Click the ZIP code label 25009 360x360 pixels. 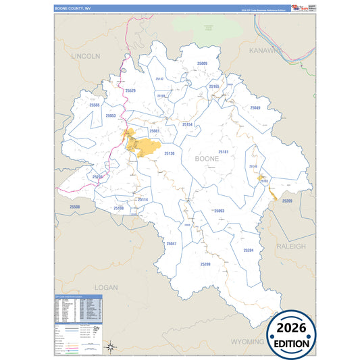pyautogui.click(x=201, y=63)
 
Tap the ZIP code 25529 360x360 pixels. pyautogui.click(x=130, y=91)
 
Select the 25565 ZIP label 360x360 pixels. pyautogui.click(x=95, y=105)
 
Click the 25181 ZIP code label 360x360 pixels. pyautogui.click(x=224, y=152)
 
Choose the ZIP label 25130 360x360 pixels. pyautogui.click(x=169, y=153)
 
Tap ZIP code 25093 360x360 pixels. pyautogui.click(x=218, y=211)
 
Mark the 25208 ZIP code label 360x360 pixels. pyautogui.click(x=205, y=264)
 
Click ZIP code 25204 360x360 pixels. pyautogui.click(x=248, y=251)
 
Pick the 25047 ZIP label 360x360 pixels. pyautogui.click(x=172, y=243)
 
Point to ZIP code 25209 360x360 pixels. pyautogui.click(x=287, y=201)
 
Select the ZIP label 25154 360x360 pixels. pyautogui.click(x=187, y=125)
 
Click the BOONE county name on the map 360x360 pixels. pyautogui.click(x=206, y=159)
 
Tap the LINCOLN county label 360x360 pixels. pyautogui.click(x=85, y=55)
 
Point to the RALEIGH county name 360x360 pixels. pyautogui.click(x=291, y=247)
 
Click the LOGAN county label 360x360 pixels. pyautogui.click(x=105, y=287)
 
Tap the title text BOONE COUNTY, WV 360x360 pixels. pyautogui.click(x=72, y=8)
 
